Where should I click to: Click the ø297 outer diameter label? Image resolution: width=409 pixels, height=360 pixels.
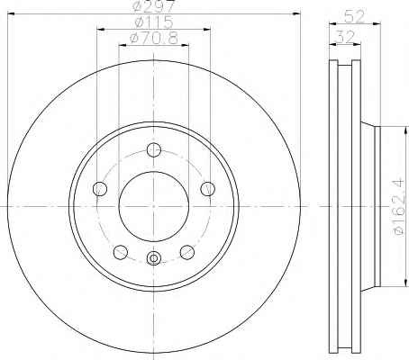(x=153, y=5)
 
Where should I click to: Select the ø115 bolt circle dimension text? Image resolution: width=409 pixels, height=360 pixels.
(x=154, y=22)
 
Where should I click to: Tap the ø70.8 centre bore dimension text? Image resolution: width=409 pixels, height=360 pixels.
(x=154, y=38)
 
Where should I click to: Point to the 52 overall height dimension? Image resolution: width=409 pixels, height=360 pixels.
(x=354, y=16)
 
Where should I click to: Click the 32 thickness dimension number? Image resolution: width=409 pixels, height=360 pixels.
(x=344, y=37)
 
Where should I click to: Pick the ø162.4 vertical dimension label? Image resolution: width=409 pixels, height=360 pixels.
(x=398, y=207)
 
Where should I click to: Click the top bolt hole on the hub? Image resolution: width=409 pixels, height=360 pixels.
(x=154, y=149)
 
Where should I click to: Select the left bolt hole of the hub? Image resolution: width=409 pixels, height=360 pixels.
(x=100, y=189)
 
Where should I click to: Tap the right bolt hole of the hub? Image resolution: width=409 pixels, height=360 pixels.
(x=207, y=189)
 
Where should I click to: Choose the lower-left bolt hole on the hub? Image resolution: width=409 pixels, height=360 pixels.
(x=121, y=252)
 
